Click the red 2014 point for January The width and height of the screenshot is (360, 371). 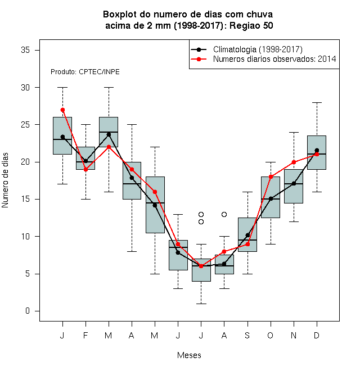tap(62, 110)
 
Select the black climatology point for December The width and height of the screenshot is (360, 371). tap(317, 150)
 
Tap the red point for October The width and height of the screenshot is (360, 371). tap(271, 177)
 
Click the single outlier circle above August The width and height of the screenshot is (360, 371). tap(224, 214)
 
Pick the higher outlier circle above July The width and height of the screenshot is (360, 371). tap(201, 214)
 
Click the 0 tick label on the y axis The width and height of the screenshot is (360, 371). tap(28, 311)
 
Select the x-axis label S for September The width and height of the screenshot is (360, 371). tap(247, 335)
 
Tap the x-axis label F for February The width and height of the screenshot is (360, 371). tap(85, 335)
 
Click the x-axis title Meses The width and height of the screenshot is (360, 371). tap(189, 355)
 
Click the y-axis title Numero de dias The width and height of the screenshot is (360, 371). tap(5, 180)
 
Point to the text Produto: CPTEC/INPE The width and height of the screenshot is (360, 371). tap(85, 72)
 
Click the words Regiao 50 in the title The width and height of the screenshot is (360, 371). tap(251, 25)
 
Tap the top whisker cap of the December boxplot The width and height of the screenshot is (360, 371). tap(317, 102)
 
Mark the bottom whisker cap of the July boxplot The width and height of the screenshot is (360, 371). tap(201, 304)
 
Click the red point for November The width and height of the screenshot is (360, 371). tap(294, 162)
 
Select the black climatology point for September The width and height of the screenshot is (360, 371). tap(247, 235)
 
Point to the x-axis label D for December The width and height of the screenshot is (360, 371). tap(317, 335)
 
